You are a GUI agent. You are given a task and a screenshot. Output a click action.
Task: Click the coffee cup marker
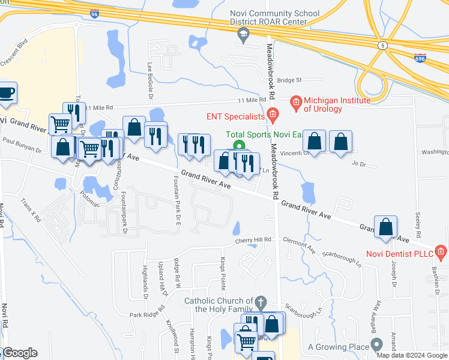point(7,93)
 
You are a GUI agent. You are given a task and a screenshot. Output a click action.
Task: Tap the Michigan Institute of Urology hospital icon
point(295,103)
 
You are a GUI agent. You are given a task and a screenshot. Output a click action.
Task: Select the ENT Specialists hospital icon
point(272,116)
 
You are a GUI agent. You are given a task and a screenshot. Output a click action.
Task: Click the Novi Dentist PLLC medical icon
point(441,251)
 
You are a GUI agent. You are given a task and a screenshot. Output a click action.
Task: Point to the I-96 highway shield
point(94,13)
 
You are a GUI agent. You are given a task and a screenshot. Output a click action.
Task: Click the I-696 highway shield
point(420,58)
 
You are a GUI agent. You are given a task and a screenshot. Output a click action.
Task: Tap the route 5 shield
point(382,45)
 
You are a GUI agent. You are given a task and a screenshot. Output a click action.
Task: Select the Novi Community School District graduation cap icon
point(243,37)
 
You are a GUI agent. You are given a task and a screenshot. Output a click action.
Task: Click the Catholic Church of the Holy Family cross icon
point(260,301)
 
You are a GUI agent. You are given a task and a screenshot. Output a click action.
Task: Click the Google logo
point(19,353)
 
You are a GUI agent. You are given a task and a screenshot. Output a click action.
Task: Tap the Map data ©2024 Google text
point(411,355)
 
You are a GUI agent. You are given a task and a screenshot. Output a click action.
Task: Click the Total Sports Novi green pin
point(239,146)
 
